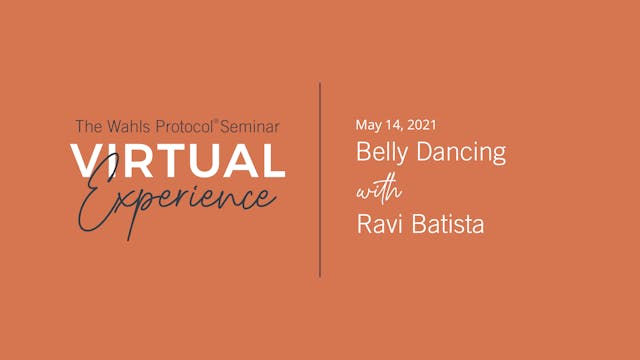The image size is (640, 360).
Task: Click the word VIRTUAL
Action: tap(176, 161)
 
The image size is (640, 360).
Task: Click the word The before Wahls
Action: tap(87, 127)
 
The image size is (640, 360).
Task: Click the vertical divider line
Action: tap(320, 180)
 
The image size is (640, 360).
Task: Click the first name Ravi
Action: tap(377, 224)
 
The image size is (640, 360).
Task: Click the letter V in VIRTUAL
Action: tap(83, 161)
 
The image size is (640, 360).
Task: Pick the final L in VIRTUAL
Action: tap(273, 161)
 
